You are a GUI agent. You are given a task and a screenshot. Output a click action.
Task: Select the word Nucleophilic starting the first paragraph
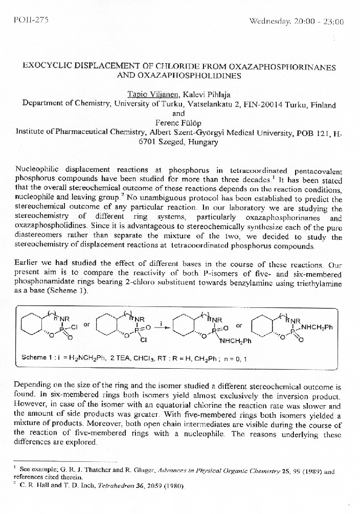[x=38, y=170]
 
